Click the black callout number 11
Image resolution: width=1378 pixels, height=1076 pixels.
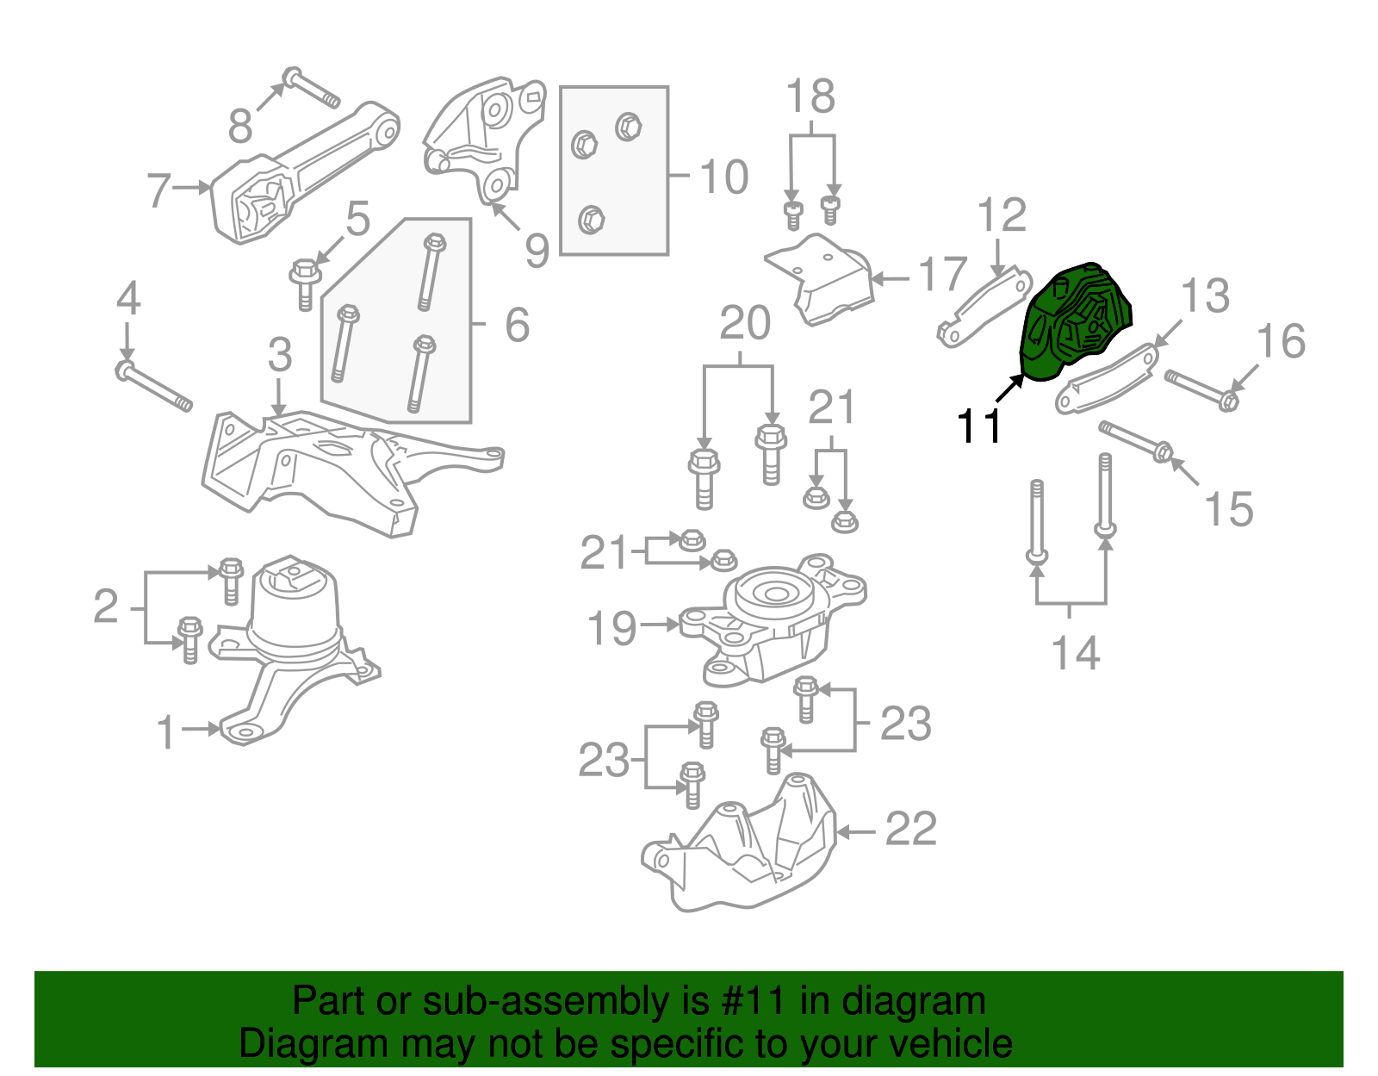coord(979,426)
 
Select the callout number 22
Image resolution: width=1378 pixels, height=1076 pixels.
coord(910,830)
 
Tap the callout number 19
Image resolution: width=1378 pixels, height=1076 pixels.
coord(611,628)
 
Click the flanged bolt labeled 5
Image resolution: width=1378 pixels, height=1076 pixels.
coord(305,283)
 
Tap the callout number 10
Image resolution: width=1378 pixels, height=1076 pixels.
coord(723,177)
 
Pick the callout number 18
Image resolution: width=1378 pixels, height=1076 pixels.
coord(810,96)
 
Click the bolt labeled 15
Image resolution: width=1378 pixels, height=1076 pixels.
coord(1137,440)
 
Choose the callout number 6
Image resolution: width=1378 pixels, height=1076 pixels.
coord(517,325)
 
